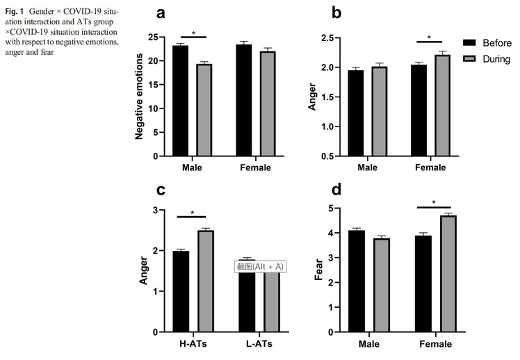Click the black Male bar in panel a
point(181,101)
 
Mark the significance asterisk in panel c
point(193,213)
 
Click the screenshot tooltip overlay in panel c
point(260,266)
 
